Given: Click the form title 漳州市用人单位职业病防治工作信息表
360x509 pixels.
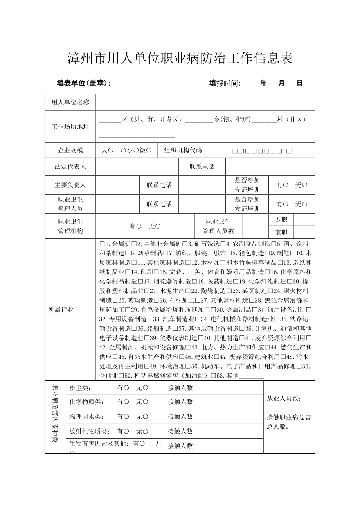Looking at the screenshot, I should [x=180, y=58].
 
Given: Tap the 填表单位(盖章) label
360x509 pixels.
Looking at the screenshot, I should [x=83, y=83].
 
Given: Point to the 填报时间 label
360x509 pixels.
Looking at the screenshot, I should [x=225, y=83].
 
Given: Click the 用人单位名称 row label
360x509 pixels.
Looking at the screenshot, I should [x=70, y=102].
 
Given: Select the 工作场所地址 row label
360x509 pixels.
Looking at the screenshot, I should [x=70, y=127].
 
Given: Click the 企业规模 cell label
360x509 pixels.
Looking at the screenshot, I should [x=70, y=150].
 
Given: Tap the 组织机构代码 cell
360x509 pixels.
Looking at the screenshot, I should [x=183, y=150].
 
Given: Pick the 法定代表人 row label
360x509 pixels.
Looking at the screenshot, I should [x=70, y=167].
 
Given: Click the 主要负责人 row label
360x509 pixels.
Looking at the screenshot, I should [x=70, y=185].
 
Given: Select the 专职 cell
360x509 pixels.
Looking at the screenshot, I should [x=281, y=220].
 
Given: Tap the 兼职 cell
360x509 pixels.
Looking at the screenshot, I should [x=281, y=232].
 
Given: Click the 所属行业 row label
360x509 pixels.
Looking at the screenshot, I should [x=61, y=310].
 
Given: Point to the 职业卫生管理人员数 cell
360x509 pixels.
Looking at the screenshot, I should [x=218, y=226].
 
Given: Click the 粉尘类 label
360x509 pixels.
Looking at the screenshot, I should [x=80, y=388].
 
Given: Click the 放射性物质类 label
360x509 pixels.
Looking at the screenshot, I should [x=89, y=431].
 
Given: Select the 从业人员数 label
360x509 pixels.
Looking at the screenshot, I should [x=284, y=398].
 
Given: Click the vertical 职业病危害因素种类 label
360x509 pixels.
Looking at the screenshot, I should [x=55, y=414].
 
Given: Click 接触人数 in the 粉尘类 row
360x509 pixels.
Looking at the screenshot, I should [x=180, y=388].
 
